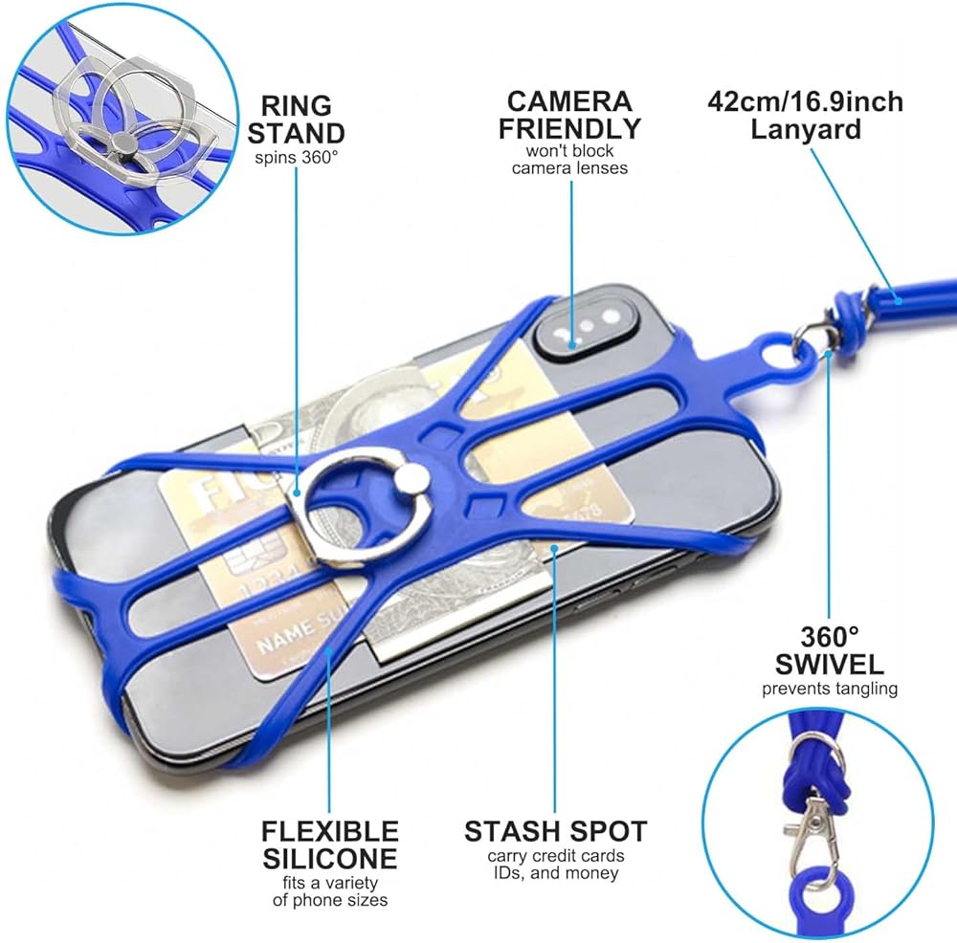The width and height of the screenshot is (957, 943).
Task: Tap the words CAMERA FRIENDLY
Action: [570, 115]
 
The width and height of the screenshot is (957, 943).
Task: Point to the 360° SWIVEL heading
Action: [830, 650]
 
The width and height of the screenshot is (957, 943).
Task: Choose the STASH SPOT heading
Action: [555, 830]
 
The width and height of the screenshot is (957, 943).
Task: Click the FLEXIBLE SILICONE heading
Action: [329, 844]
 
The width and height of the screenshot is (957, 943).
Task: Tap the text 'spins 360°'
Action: [296, 157]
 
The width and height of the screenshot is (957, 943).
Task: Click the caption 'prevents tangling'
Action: [830, 688]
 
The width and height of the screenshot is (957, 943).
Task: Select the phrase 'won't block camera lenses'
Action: [570, 160]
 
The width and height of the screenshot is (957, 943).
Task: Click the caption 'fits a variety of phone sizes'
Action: [329, 891]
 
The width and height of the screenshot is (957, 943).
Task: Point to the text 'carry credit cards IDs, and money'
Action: [555, 864]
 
